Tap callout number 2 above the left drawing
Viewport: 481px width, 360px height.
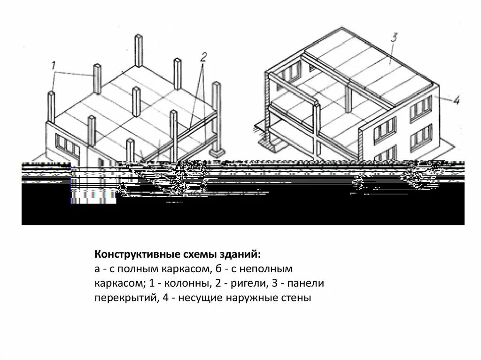(203, 58)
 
